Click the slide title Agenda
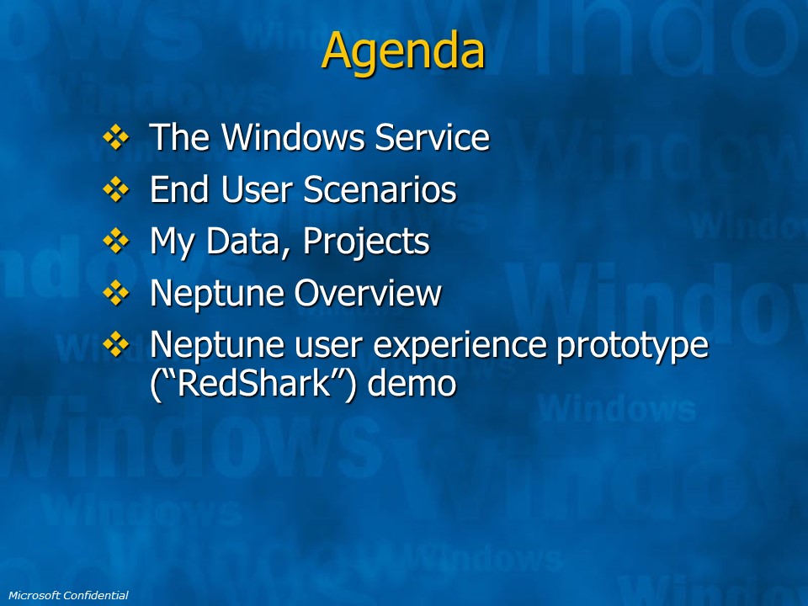click(x=403, y=51)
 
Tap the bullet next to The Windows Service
click(x=116, y=137)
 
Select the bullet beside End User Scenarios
click(x=116, y=189)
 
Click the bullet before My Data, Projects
click(x=116, y=242)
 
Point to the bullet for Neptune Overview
click(x=116, y=293)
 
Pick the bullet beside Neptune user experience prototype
click(x=116, y=344)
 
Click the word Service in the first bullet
click(x=432, y=137)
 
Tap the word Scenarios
click(x=380, y=189)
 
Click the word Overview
click(x=368, y=293)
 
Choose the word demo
click(x=412, y=384)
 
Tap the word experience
click(x=460, y=346)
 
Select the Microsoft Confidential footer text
click(x=68, y=595)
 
